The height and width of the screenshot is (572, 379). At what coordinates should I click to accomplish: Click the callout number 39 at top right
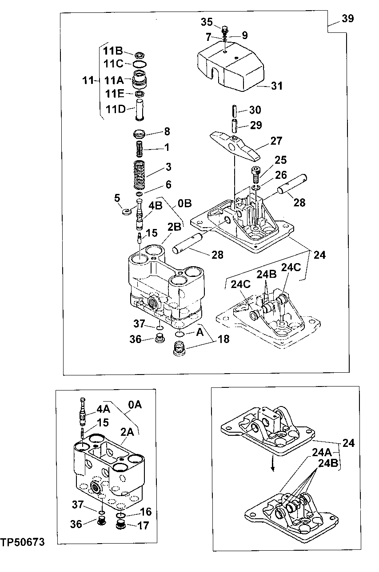pos(348,18)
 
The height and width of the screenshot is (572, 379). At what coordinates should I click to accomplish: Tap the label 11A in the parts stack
pos(114,80)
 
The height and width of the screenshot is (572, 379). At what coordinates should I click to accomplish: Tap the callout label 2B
pos(174,226)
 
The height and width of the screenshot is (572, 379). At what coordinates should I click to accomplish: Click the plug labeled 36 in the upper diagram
pos(158,339)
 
